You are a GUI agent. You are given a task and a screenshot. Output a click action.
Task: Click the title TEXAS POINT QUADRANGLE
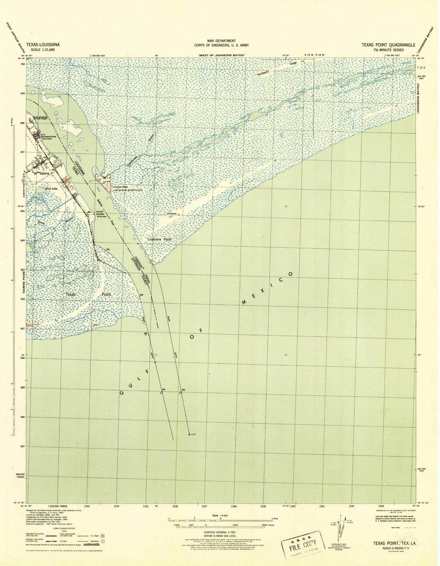pos(388,45)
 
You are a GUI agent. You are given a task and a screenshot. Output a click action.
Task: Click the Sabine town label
pos(44,174)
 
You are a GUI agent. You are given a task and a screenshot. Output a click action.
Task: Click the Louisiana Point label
pos(159,239)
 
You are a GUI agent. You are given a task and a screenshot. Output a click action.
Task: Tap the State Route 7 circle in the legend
pos(103,541)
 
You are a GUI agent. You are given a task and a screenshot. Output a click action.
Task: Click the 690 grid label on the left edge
pos(23,358)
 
